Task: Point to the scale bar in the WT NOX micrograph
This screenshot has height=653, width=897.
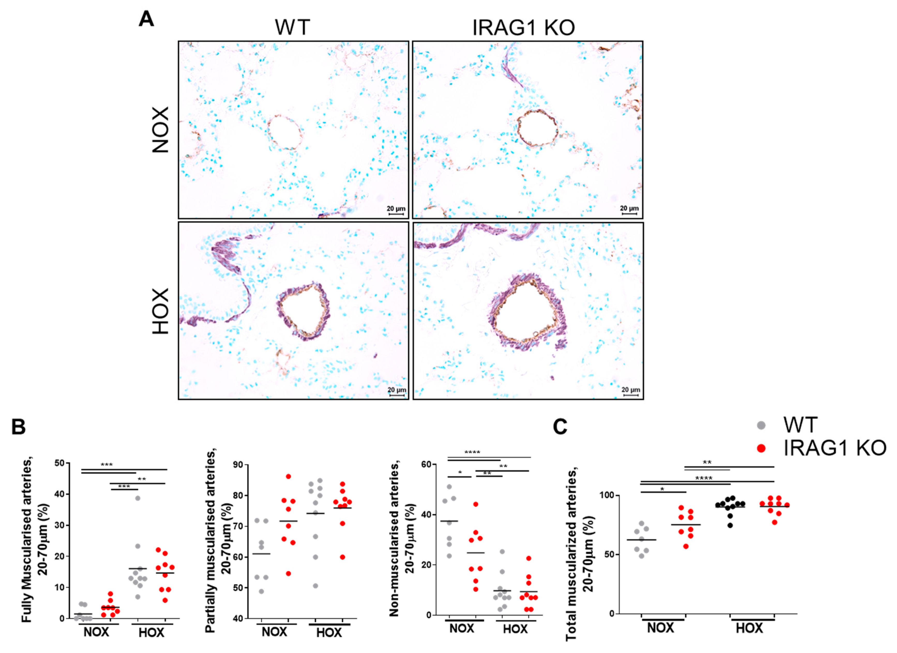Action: (x=396, y=214)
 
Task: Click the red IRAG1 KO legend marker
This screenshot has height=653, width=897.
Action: (x=761, y=448)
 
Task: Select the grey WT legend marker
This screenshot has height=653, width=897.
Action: (x=761, y=425)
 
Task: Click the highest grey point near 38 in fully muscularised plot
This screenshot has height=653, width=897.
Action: (x=138, y=498)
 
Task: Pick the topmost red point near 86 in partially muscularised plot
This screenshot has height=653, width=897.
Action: (x=288, y=476)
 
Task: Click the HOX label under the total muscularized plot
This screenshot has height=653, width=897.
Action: (x=749, y=628)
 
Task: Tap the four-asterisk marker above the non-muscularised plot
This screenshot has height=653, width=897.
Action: (x=472, y=452)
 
